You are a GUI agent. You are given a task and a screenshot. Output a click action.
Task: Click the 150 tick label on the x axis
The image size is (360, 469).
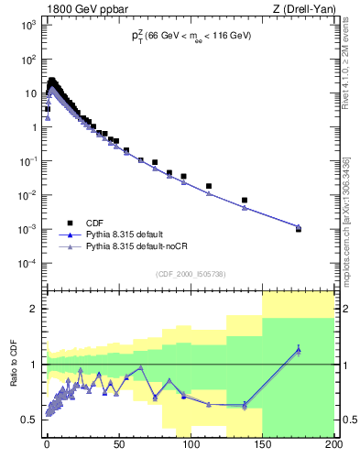[x=262, y=446]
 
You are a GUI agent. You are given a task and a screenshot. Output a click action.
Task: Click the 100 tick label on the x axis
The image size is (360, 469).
[x=190, y=446]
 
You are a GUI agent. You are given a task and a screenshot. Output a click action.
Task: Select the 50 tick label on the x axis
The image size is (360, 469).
[x=119, y=446]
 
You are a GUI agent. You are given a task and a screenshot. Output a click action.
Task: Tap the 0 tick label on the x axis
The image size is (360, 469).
[x=47, y=446]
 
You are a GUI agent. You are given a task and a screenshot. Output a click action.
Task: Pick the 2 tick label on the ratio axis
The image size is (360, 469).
[x=32, y=309]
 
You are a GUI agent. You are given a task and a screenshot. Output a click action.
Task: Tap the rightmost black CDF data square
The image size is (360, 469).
[x=299, y=229]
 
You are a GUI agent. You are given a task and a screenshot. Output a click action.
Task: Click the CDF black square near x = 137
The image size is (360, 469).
[x=245, y=200]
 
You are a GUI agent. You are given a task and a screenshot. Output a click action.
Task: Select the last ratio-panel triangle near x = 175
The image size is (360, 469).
[x=299, y=349]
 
